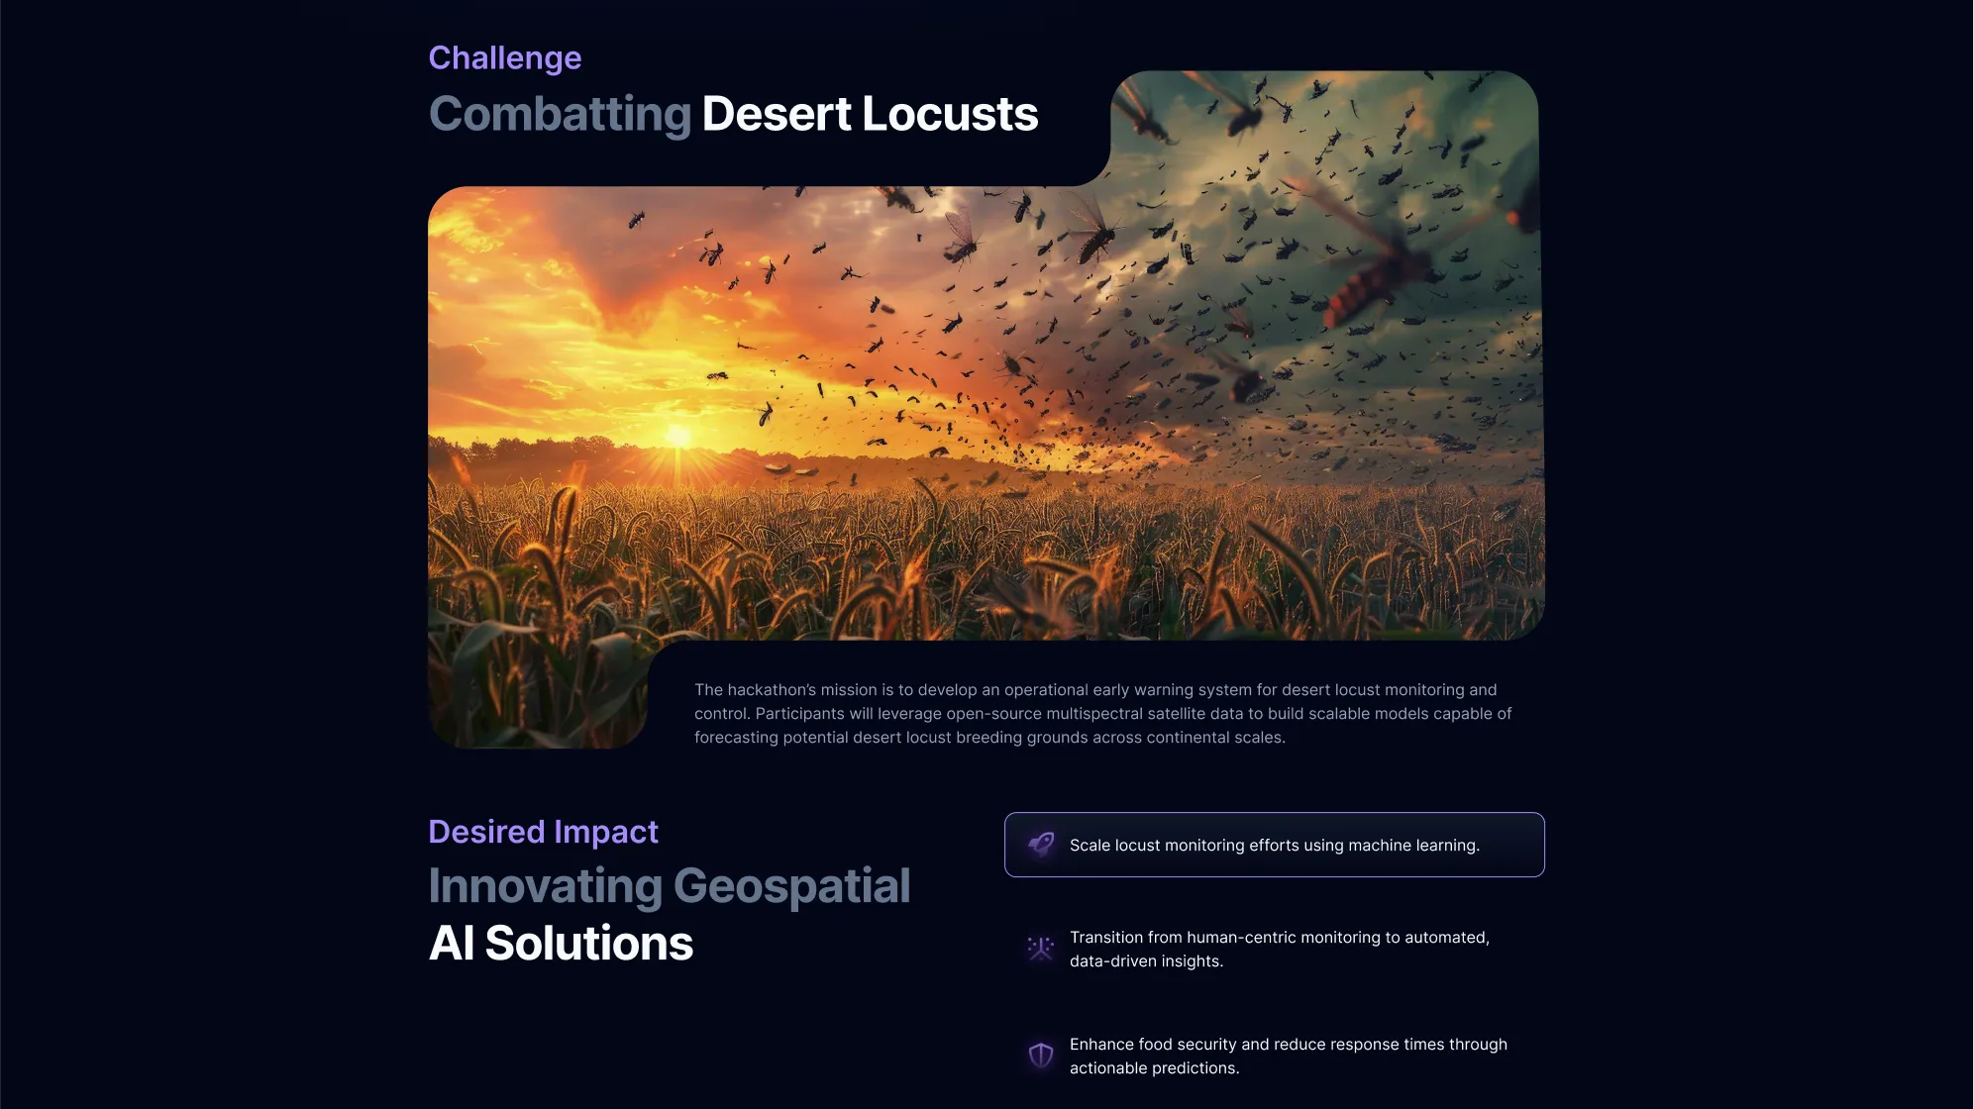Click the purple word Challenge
click(505, 58)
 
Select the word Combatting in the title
click(561, 115)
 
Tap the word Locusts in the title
click(950, 114)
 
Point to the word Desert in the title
click(777, 114)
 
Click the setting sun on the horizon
click(678, 436)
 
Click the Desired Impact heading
click(543, 832)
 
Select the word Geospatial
click(792, 887)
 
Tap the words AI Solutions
click(561, 943)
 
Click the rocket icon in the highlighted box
click(1041, 845)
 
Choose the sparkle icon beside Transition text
click(1041, 949)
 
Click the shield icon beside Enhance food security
click(1041, 1056)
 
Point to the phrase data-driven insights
click(1146, 961)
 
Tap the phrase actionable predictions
click(1154, 1068)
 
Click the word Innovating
click(545, 887)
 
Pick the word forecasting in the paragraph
click(736, 738)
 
